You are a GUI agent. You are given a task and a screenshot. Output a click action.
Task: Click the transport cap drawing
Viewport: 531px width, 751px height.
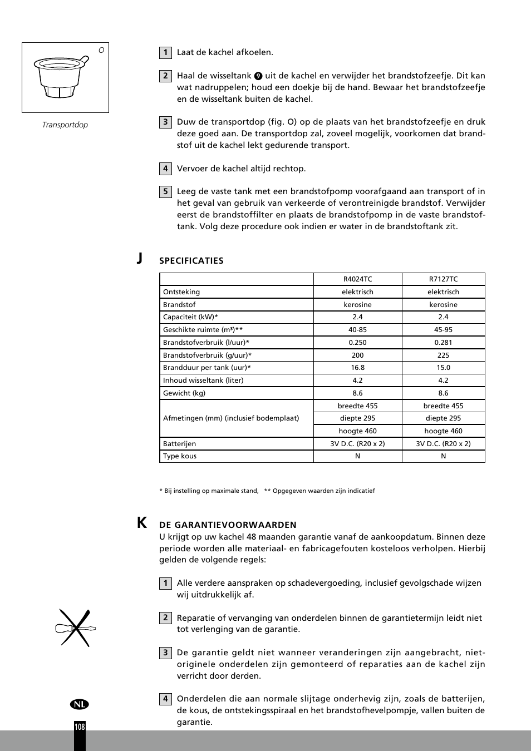pyautogui.click(x=61, y=77)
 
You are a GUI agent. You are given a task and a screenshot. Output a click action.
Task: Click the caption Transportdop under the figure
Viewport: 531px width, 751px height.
pyautogui.click(x=65, y=125)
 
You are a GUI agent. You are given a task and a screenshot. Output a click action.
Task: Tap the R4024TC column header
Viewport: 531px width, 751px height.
pyautogui.click(x=357, y=279)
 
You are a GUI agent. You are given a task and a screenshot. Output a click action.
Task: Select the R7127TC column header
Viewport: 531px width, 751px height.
pyautogui.click(x=443, y=279)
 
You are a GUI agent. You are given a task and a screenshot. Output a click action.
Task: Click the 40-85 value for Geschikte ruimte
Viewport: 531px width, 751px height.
pyautogui.click(x=357, y=330)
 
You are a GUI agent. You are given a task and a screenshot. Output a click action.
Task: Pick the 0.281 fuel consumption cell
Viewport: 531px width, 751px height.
pyautogui.click(x=443, y=343)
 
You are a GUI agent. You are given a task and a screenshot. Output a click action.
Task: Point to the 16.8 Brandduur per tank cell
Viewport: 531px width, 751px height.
pyautogui.click(x=357, y=368)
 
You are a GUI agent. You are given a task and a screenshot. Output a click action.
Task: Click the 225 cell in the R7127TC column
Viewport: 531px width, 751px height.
pyautogui.click(x=443, y=355)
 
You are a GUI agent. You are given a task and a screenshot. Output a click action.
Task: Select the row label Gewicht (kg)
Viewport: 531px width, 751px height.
pyautogui.click(x=184, y=393)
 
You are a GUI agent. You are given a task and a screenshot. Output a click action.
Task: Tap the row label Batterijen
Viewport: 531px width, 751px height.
pyautogui.click(x=179, y=444)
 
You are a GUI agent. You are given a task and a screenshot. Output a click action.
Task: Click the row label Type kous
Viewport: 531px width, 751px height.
pyautogui.click(x=180, y=456)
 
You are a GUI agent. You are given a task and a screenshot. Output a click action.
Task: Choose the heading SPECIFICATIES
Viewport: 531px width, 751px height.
pyautogui.click(x=191, y=261)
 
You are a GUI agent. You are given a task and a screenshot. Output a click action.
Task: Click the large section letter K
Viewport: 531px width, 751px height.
pyautogui.click(x=142, y=523)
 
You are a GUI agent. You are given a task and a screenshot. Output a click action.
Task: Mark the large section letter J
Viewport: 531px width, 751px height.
pyautogui.click(x=140, y=258)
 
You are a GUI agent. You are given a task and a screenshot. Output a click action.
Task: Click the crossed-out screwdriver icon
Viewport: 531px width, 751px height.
pyautogui.click(x=76, y=628)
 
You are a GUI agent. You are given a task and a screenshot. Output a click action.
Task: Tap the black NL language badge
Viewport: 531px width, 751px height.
pyautogui.click(x=80, y=704)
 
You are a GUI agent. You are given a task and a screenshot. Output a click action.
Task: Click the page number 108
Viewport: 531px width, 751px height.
pyautogui.click(x=80, y=727)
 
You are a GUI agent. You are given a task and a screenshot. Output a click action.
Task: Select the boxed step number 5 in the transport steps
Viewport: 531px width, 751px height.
pyautogui.click(x=165, y=192)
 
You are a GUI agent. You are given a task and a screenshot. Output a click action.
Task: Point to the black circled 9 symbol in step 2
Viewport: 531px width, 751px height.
pyautogui.click(x=258, y=76)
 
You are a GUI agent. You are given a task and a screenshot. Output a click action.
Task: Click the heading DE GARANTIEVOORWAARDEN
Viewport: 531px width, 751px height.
pyautogui.click(x=228, y=525)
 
